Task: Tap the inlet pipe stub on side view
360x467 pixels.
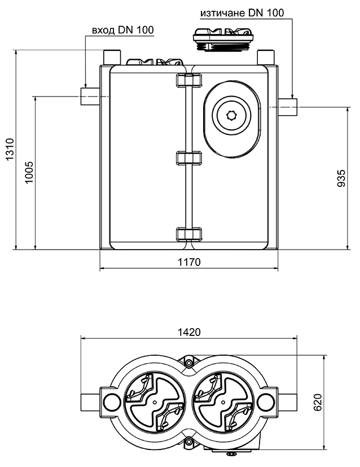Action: [x=89, y=97]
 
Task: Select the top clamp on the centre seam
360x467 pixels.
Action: [x=188, y=81]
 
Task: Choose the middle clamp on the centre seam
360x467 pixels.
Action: [x=188, y=158]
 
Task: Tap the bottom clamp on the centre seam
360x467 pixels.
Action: [x=188, y=234]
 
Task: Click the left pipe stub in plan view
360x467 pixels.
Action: [x=90, y=401]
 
